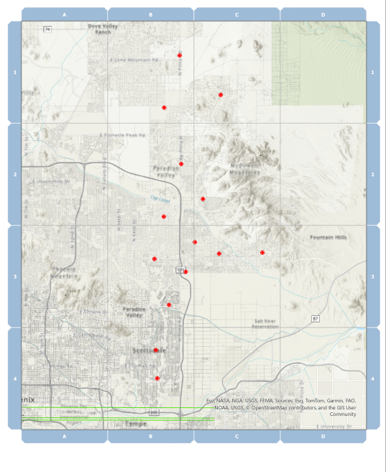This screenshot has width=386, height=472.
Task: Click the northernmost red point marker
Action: pyautogui.click(x=180, y=55)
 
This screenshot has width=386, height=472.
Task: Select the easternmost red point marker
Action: pyautogui.click(x=262, y=253)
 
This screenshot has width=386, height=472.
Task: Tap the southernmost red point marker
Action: pyautogui.click(x=157, y=378)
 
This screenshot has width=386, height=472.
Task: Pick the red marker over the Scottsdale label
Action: pyautogui.click(x=155, y=350)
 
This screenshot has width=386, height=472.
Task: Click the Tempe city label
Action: pyautogui.click(x=135, y=424)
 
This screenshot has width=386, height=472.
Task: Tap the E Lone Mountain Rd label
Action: pyautogui.click(x=133, y=60)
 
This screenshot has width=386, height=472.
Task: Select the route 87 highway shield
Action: pyautogui.click(x=315, y=318)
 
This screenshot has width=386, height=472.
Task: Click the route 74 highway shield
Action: pyautogui.click(x=47, y=29)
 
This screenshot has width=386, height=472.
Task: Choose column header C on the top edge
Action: pyautogui.click(x=236, y=14)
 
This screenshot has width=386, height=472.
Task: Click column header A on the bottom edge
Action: pyautogui.click(x=64, y=436)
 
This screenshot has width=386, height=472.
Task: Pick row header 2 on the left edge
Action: pyautogui.click(x=14, y=175)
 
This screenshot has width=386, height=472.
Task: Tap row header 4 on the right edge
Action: pyautogui.click(x=372, y=378)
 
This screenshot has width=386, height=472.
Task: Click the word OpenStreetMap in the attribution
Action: pyautogui.click(x=264, y=407)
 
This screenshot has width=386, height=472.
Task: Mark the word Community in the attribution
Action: pyautogui.click(x=343, y=414)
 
